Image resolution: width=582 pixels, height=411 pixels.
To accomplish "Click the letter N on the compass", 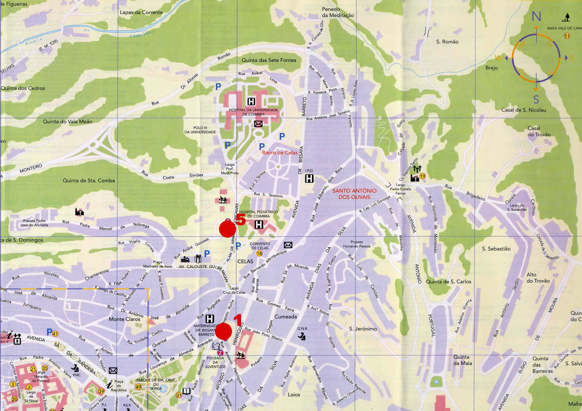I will click(x=536, y=16).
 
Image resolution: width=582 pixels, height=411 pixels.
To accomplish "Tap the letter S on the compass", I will click(x=536, y=99).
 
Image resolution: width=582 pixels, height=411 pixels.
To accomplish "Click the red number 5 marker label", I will click(x=241, y=220).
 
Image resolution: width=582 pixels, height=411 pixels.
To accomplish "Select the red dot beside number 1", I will click(x=223, y=331).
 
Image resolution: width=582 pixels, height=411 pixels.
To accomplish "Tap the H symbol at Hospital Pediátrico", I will click(x=259, y=225).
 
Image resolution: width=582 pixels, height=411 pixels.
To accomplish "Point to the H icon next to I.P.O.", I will click(x=309, y=178).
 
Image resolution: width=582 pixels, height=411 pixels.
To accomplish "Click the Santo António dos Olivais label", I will click(x=354, y=193).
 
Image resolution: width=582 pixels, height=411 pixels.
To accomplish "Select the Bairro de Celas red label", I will click(x=280, y=153).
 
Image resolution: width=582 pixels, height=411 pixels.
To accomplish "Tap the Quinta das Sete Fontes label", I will click(x=268, y=60).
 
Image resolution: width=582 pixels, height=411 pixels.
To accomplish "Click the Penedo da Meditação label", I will click(x=338, y=12).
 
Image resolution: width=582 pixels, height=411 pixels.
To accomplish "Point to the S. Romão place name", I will click(x=447, y=42).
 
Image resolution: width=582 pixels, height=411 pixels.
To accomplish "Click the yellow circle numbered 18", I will click(x=259, y=253).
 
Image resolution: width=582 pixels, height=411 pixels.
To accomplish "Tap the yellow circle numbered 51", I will click(x=567, y=36).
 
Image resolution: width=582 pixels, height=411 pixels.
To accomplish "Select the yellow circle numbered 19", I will click(x=423, y=176).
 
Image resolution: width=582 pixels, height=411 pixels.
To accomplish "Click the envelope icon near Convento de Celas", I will click(x=288, y=245).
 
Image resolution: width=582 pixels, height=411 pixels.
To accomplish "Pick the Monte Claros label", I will click(x=124, y=319).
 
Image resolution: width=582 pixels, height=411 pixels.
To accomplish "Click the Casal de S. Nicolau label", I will click(x=523, y=110).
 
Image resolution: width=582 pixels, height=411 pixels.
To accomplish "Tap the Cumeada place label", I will click(x=286, y=317).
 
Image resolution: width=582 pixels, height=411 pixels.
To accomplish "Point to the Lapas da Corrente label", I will click(x=141, y=12).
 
